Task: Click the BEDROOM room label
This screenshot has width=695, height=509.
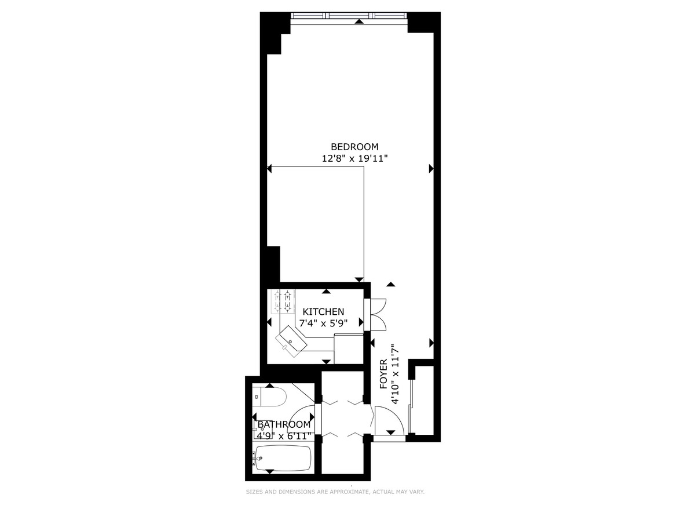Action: click(x=354, y=147)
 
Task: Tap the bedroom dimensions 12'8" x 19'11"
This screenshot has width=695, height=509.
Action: click(x=354, y=158)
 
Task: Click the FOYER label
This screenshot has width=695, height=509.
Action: click(x=383, y=377)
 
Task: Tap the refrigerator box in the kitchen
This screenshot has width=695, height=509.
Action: click(x=349, y=348)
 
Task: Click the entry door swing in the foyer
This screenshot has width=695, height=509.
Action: click(x=387, y=419)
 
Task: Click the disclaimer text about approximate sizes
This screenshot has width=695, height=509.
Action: click(x=335, y=492)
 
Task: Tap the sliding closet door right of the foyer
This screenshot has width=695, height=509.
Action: click(x=411, y=406)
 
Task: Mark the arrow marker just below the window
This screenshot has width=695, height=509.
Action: click(x=360, y=21)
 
